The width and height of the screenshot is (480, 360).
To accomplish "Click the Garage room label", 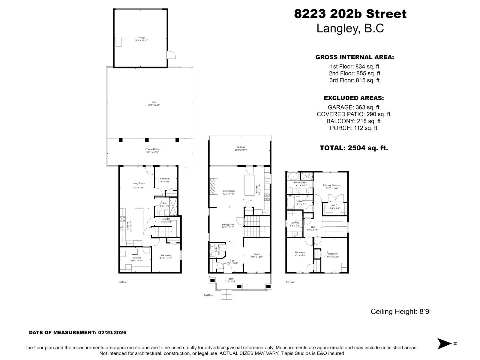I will coord(141,39).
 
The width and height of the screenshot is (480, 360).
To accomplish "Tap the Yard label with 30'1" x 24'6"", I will coord(154,103).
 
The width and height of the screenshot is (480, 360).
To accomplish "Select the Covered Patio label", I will coord(152,151).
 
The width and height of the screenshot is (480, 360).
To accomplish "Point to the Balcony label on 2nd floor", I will coord(241,148).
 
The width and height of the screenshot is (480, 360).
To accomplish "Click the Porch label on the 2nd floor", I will coord(230,280).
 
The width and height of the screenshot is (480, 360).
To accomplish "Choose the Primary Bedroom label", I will coord(332,187).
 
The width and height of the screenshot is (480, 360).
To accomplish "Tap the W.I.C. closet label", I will coord(334,207).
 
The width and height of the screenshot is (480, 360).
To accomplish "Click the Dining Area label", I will coord(228,226).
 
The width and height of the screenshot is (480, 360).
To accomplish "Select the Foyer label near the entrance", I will coord(232,262).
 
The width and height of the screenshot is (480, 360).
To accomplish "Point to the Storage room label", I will coord(166,220).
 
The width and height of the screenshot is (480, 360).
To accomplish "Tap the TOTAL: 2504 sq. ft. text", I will coord(354,148).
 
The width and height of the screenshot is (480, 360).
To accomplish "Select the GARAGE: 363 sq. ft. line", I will coord(354,107).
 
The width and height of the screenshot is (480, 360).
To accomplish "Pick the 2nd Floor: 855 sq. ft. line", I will coord(355,73).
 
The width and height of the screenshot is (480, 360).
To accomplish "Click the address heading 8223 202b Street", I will coord(350,14).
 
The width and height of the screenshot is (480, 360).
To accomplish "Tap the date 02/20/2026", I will coord(112,332).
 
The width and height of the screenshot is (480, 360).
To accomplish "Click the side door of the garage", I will coord(171,55).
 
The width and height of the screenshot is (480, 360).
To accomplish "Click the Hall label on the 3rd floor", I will coord(313,229).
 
